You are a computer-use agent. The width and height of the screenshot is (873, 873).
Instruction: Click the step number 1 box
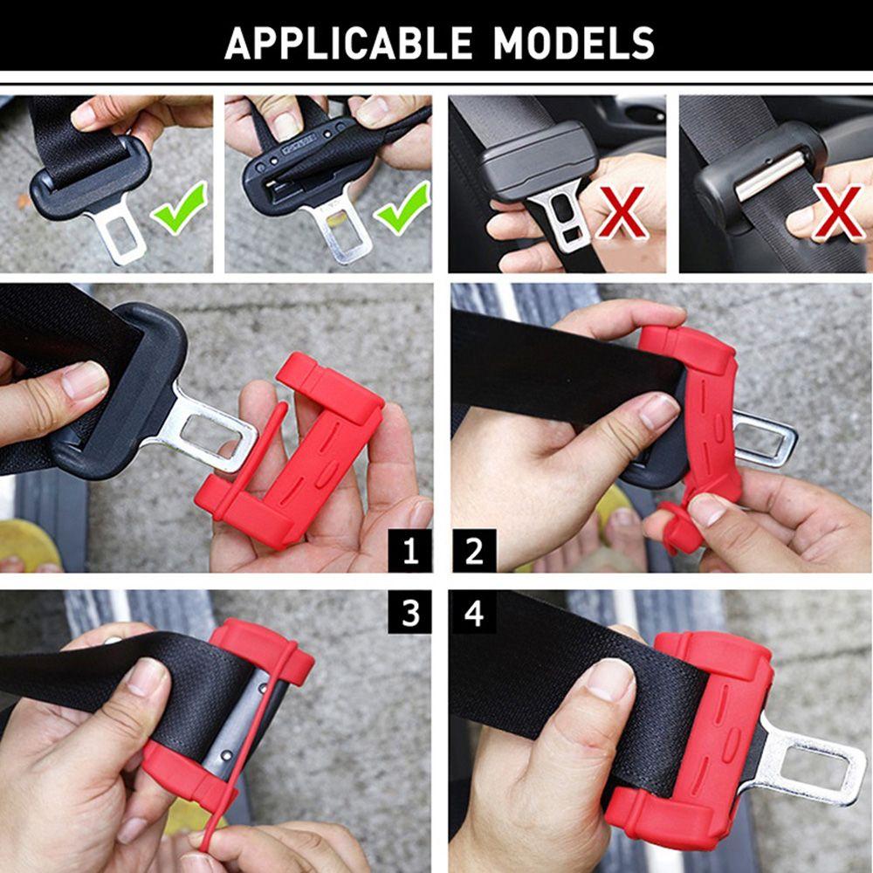coord(410,551)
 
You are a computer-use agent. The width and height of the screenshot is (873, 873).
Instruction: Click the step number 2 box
coord(474,551)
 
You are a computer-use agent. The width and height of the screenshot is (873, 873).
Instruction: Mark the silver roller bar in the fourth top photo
coord(768,175)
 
